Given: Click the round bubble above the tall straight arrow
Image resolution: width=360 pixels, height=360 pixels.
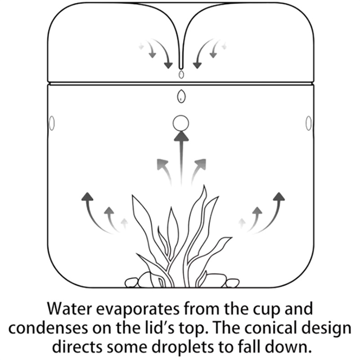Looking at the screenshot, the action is (181, 123).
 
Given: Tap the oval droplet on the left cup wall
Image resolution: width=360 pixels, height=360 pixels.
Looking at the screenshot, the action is (52, 123).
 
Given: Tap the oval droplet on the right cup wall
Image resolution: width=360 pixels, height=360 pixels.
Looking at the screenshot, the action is (309, 123).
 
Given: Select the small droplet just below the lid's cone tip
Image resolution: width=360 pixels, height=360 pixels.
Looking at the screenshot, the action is (181, 74).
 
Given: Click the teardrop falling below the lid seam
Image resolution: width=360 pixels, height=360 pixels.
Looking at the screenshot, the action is (181, 96).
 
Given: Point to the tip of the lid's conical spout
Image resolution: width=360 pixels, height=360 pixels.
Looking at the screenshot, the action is (181, 68).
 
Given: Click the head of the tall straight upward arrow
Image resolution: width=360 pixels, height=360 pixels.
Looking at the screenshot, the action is (181, 136).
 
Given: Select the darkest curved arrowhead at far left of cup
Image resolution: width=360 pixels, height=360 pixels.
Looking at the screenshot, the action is (87, 197).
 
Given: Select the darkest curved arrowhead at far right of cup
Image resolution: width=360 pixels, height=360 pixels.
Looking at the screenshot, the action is (279, 197).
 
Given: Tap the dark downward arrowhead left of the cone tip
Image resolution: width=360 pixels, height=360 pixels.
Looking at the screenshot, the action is (168, 65).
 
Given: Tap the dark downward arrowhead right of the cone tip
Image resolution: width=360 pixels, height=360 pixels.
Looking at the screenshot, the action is (197, 65).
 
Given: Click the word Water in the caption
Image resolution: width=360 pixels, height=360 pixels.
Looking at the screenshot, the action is (70, 309).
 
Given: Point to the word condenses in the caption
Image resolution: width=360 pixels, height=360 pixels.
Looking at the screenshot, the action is (49, 328).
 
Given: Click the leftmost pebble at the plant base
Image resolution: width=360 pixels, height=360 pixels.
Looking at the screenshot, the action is (131, 283).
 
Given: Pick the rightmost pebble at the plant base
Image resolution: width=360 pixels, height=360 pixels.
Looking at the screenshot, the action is (232, 283).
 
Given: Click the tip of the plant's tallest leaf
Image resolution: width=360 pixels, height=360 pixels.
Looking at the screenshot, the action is (204, 185).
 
